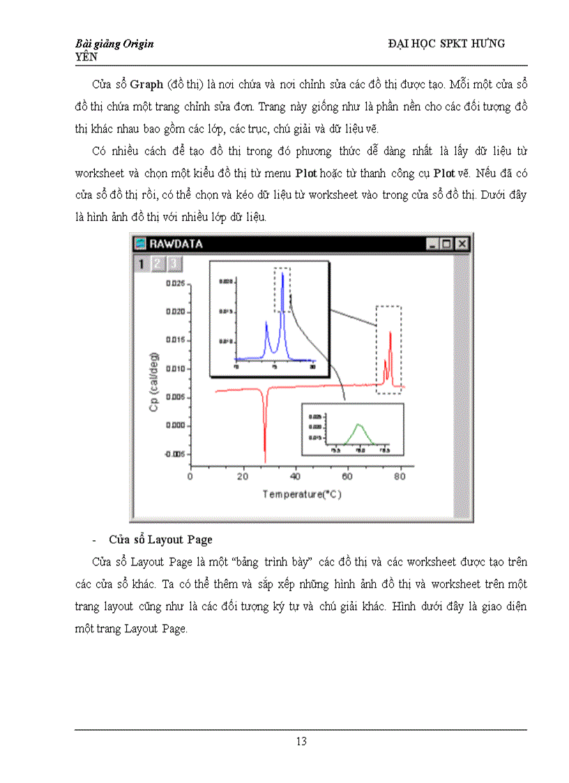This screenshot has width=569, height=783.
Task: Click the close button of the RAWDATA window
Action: click(462, 244)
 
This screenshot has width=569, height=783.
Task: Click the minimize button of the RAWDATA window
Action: click(432, 244)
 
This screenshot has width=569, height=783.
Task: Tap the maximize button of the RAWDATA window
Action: click(447, 244)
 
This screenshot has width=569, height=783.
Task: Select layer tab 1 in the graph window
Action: click(141, 264)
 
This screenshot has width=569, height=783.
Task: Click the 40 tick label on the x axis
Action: click(295, 477)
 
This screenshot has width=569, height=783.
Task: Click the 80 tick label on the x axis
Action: click(400, 477)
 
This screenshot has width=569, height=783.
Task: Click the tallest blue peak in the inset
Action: click(282, 273)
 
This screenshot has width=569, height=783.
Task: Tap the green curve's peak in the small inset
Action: click(359, 425)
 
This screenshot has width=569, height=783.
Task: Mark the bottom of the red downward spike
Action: click(265, 461)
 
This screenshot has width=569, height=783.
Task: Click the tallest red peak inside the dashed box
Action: click(390, 333)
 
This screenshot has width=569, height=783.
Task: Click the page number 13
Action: click(301, 741)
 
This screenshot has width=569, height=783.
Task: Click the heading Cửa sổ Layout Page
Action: click(160, 540)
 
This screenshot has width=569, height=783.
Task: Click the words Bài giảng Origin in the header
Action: click(114, 44)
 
